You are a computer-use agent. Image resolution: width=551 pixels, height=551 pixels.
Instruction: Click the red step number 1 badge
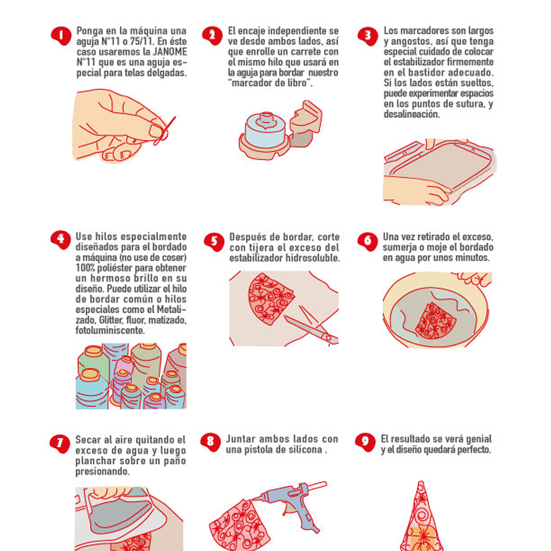pos(61,36)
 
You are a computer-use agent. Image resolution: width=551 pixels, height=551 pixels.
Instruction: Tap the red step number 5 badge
pos(214,242)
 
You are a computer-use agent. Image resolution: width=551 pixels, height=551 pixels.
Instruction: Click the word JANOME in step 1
pos(170,52)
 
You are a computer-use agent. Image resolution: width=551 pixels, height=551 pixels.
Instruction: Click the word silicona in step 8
pos(304,449)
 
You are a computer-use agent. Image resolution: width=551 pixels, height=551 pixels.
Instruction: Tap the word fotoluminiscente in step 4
pos(110,330)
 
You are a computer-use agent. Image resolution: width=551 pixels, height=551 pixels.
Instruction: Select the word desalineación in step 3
pos(412,114)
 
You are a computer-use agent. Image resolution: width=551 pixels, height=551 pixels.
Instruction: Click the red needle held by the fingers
pos(164,131)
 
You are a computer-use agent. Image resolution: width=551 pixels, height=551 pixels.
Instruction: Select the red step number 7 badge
pos(60,444)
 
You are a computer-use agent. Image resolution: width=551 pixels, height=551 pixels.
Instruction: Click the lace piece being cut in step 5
pos(269,299)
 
